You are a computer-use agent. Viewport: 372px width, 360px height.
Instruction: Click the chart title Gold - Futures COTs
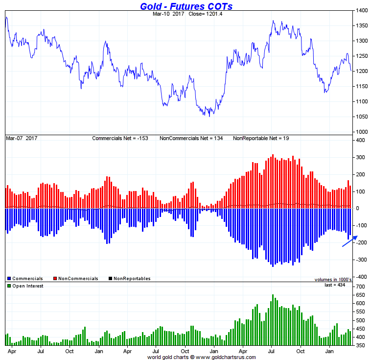(x=186, y=6)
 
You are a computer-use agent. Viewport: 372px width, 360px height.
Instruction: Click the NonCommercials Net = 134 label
(x=191, y=139)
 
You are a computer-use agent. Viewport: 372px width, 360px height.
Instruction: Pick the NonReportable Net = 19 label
(x=261, y=139)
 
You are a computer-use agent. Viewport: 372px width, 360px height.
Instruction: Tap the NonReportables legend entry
(x=132, y=279)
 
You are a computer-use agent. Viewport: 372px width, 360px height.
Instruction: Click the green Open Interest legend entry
(x=27, y=286)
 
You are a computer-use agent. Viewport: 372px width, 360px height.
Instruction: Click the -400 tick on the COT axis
(x=360, y=277)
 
